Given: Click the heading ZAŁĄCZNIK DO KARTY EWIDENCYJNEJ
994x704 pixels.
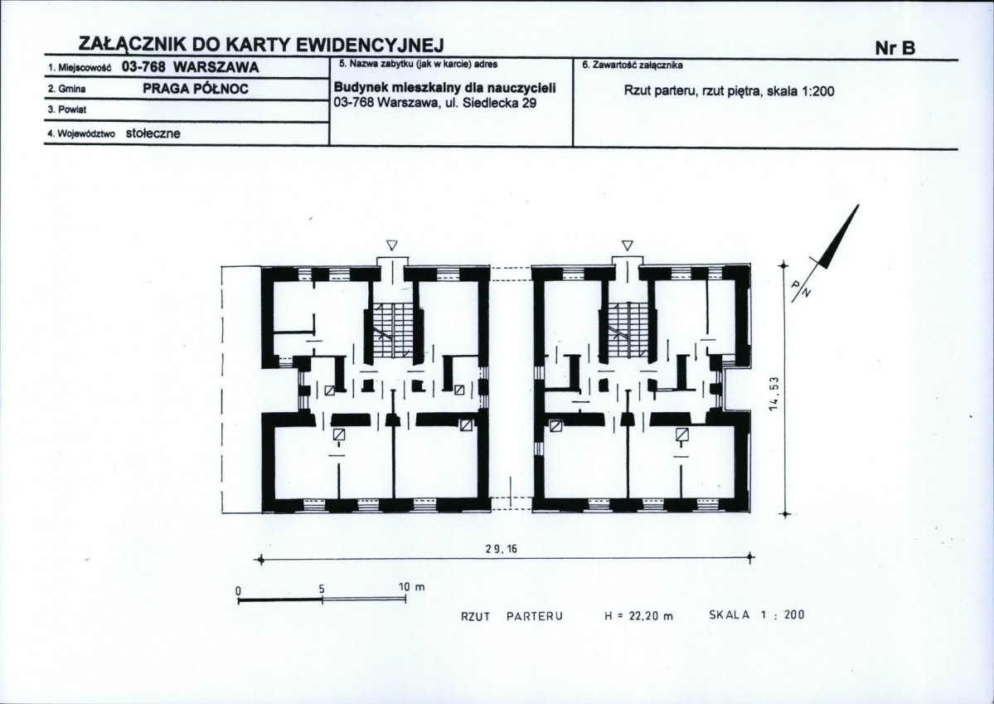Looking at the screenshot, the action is coord(261,45).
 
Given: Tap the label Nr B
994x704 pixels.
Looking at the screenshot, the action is coord(895,48).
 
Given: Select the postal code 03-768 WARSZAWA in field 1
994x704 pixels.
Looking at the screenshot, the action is coord(190,67).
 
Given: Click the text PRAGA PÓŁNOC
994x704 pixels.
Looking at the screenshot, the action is coord(196,89).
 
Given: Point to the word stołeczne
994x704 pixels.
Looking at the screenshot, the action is coord(153,134).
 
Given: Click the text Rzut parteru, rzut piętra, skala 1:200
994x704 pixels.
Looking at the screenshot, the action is coord(729,90).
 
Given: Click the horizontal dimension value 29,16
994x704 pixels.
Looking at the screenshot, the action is coord(502,549).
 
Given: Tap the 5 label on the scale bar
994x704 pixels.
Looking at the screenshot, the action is coord(322,588).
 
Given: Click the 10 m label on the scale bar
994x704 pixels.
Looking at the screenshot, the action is coord(411,587).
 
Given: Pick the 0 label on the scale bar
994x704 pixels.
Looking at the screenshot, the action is coord(239,590).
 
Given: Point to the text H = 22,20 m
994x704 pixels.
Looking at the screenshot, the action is coord(638,615).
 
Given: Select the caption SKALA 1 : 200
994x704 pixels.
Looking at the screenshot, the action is coord(757,614).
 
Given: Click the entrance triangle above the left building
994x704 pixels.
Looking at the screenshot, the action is coord(392,245).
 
